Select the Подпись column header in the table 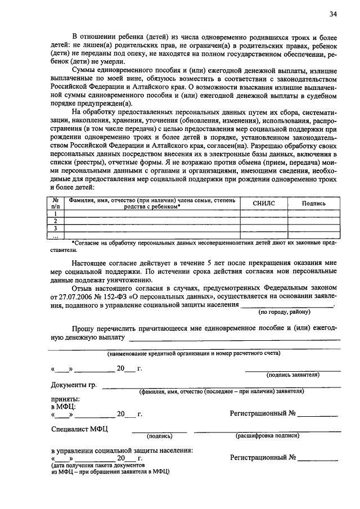[x=313, y=204]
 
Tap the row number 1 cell [x=56, y=214]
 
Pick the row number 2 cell [x=56, y=221]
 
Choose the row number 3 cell [x=56, y=228]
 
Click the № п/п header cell [x=56, y=203]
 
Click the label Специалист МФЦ [x=79, y=429]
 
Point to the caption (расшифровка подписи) [x=267, y=435]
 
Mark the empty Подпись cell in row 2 [x=313, y=221]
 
